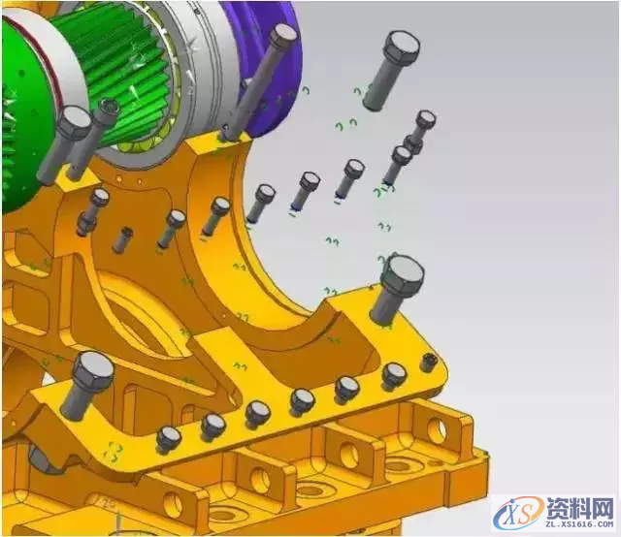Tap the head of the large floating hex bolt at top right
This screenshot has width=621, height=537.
[x=402, y=46]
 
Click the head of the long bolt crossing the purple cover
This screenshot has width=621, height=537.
[x=282, y=35]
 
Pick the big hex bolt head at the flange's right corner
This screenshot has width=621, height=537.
[x=403, y=274]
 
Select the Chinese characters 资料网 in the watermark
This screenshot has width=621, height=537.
[x=580, y=508]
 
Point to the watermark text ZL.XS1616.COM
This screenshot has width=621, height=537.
[x=579, y=524]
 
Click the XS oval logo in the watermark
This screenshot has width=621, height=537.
[x=519, y=513]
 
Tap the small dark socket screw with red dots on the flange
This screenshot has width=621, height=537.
[x=427, y=362]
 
